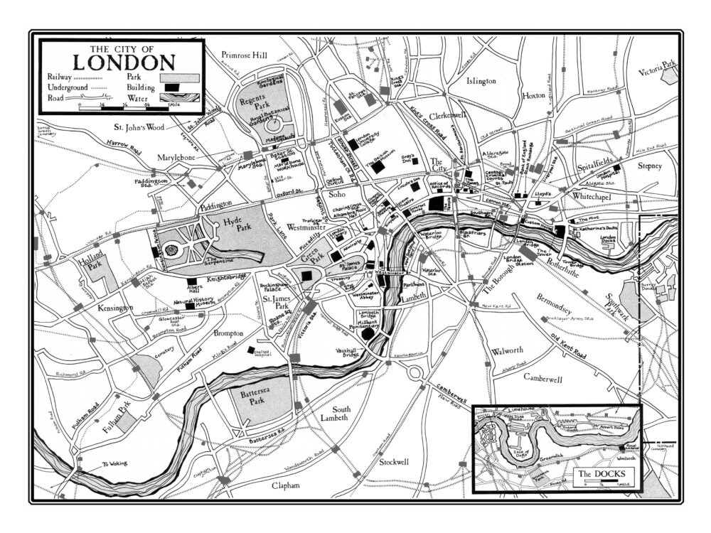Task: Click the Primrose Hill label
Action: [244, 54]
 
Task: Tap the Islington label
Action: [481, 81]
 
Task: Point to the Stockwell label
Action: [394, 462]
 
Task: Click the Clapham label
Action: [286, 485]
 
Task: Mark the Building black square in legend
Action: [171, 87]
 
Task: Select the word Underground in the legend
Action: [68, 87]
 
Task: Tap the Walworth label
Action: [507, 351]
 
